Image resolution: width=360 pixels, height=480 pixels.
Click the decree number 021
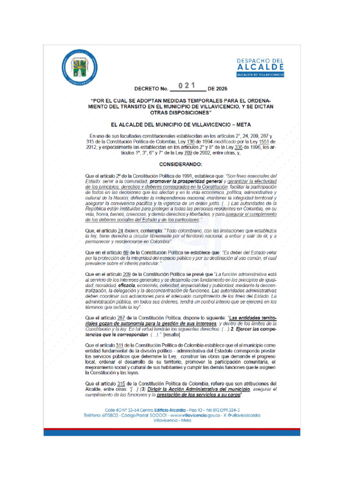(187, 85)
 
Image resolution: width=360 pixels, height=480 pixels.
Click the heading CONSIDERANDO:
(180, 165)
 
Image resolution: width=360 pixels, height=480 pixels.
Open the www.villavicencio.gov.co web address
(204, 415)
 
